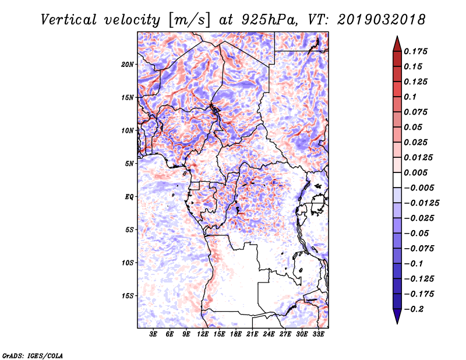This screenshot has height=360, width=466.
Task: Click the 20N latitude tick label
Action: pos(128,65)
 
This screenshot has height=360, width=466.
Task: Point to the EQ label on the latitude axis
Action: pos(129,197)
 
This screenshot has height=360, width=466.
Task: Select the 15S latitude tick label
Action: pos(128,296)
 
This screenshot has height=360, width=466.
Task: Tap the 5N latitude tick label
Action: pos(129,164)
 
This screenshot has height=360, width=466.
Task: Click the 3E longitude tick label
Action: pos(153,334)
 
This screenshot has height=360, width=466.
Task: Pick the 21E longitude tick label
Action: pos(252,334)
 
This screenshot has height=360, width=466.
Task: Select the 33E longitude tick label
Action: pos(318,334)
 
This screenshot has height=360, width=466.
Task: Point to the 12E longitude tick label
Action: pos(203,334)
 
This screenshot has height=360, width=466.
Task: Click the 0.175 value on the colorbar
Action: pos(415,51)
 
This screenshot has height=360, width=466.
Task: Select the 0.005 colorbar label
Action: pos(415,172)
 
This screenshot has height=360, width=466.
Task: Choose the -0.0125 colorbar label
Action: pos(421,203)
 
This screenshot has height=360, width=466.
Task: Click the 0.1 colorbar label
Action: pos(410,97)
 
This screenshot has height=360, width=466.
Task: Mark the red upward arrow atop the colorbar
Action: pos(397,44)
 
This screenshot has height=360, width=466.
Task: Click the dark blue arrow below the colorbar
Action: pos(397,316)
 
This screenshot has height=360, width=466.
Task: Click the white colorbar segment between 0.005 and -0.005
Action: pos(397,180)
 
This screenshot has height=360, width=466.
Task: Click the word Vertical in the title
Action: pos(69,20)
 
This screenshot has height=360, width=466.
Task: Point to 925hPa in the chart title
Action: pos(269,20)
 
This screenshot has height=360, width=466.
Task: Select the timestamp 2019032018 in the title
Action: pos(382,20)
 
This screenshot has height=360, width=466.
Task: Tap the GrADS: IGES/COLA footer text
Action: pos(33,355)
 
